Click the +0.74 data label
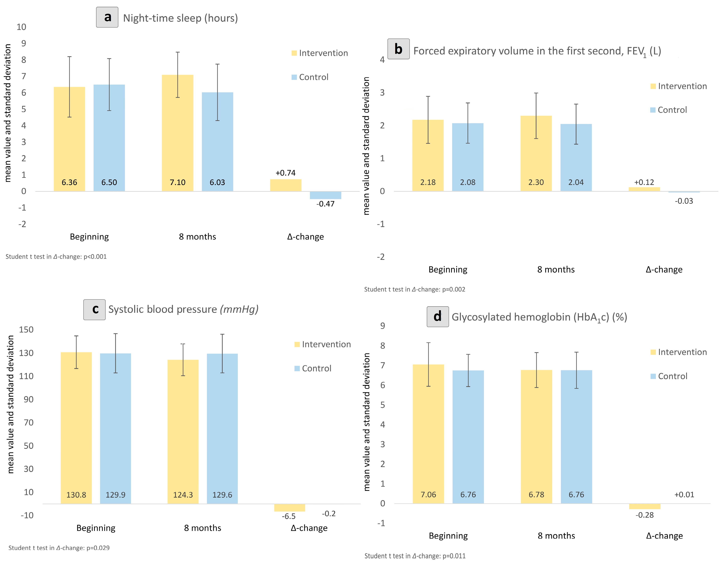pyautogui.click(x=286, y=173)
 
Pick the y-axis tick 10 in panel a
pyautogui.click(x=21, y=27)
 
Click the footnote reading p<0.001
pyautogui.click(x=56, y=256)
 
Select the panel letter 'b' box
pyautogui.click(x=398, y=49)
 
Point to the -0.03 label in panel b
pyautogui.click(x=684, y=201)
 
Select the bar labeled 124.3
pyautogui.click(x=183, y=431)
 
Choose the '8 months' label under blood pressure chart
pyautogui.click(x=202, y=528)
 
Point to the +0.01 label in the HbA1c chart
pyautogui.click(x=684, y=495)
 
